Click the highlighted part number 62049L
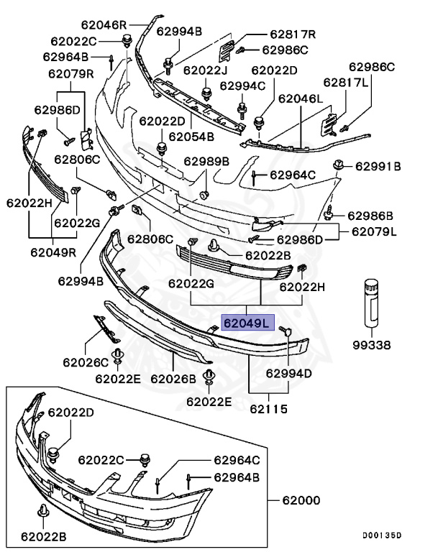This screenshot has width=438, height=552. tap(246, 323)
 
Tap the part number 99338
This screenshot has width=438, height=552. tap(372, 345)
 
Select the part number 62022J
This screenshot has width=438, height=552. tap(205, 70)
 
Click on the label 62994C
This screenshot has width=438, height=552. tap(242, 86)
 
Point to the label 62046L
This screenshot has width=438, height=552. tap(301, 98)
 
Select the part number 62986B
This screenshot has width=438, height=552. tap(370, 216)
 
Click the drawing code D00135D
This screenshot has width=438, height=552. tap(381, 535)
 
